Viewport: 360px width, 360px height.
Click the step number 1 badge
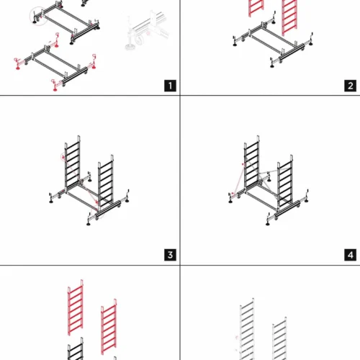(x=170, y=86)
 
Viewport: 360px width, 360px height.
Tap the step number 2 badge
(x=350, y=86)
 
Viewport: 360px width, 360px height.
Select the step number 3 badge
(x=170, y=255)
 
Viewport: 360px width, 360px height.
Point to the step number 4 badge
(x=350, y=255)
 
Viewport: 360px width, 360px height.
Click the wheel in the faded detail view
(x=140, y=40)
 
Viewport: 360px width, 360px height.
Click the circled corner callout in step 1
(x=38, y=17)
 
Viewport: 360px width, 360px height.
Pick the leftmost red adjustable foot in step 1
(x=17, y=64)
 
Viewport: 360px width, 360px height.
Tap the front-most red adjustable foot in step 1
(x=55, y=86)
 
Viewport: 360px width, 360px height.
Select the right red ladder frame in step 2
(x=289, y=17)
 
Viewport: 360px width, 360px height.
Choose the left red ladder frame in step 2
(x=256, y=8)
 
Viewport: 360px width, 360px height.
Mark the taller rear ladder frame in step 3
(x=72, y=163)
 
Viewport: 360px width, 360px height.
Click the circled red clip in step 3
(x=63, y=157)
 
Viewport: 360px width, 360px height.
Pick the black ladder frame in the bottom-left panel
(x=76, y=349)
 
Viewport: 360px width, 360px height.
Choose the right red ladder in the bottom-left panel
(x=109, y=327)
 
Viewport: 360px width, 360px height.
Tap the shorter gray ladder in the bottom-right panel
(x=279, y=339)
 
